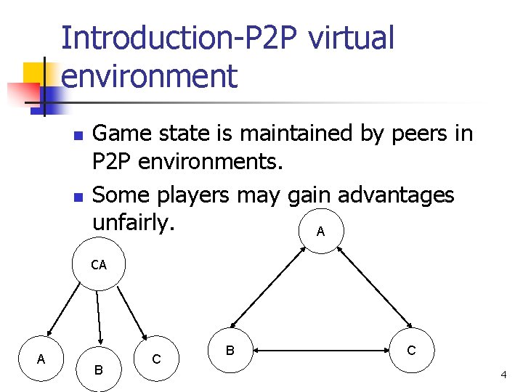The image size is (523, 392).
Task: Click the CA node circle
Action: point(99,266)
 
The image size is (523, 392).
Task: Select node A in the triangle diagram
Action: point(320,232)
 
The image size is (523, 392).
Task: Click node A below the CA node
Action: point(41,358)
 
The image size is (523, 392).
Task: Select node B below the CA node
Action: point(99,369)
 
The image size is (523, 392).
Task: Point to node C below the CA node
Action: point(156,359)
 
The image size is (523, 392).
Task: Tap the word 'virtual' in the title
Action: point(351,38)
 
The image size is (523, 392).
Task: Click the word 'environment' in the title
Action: point(150,75)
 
